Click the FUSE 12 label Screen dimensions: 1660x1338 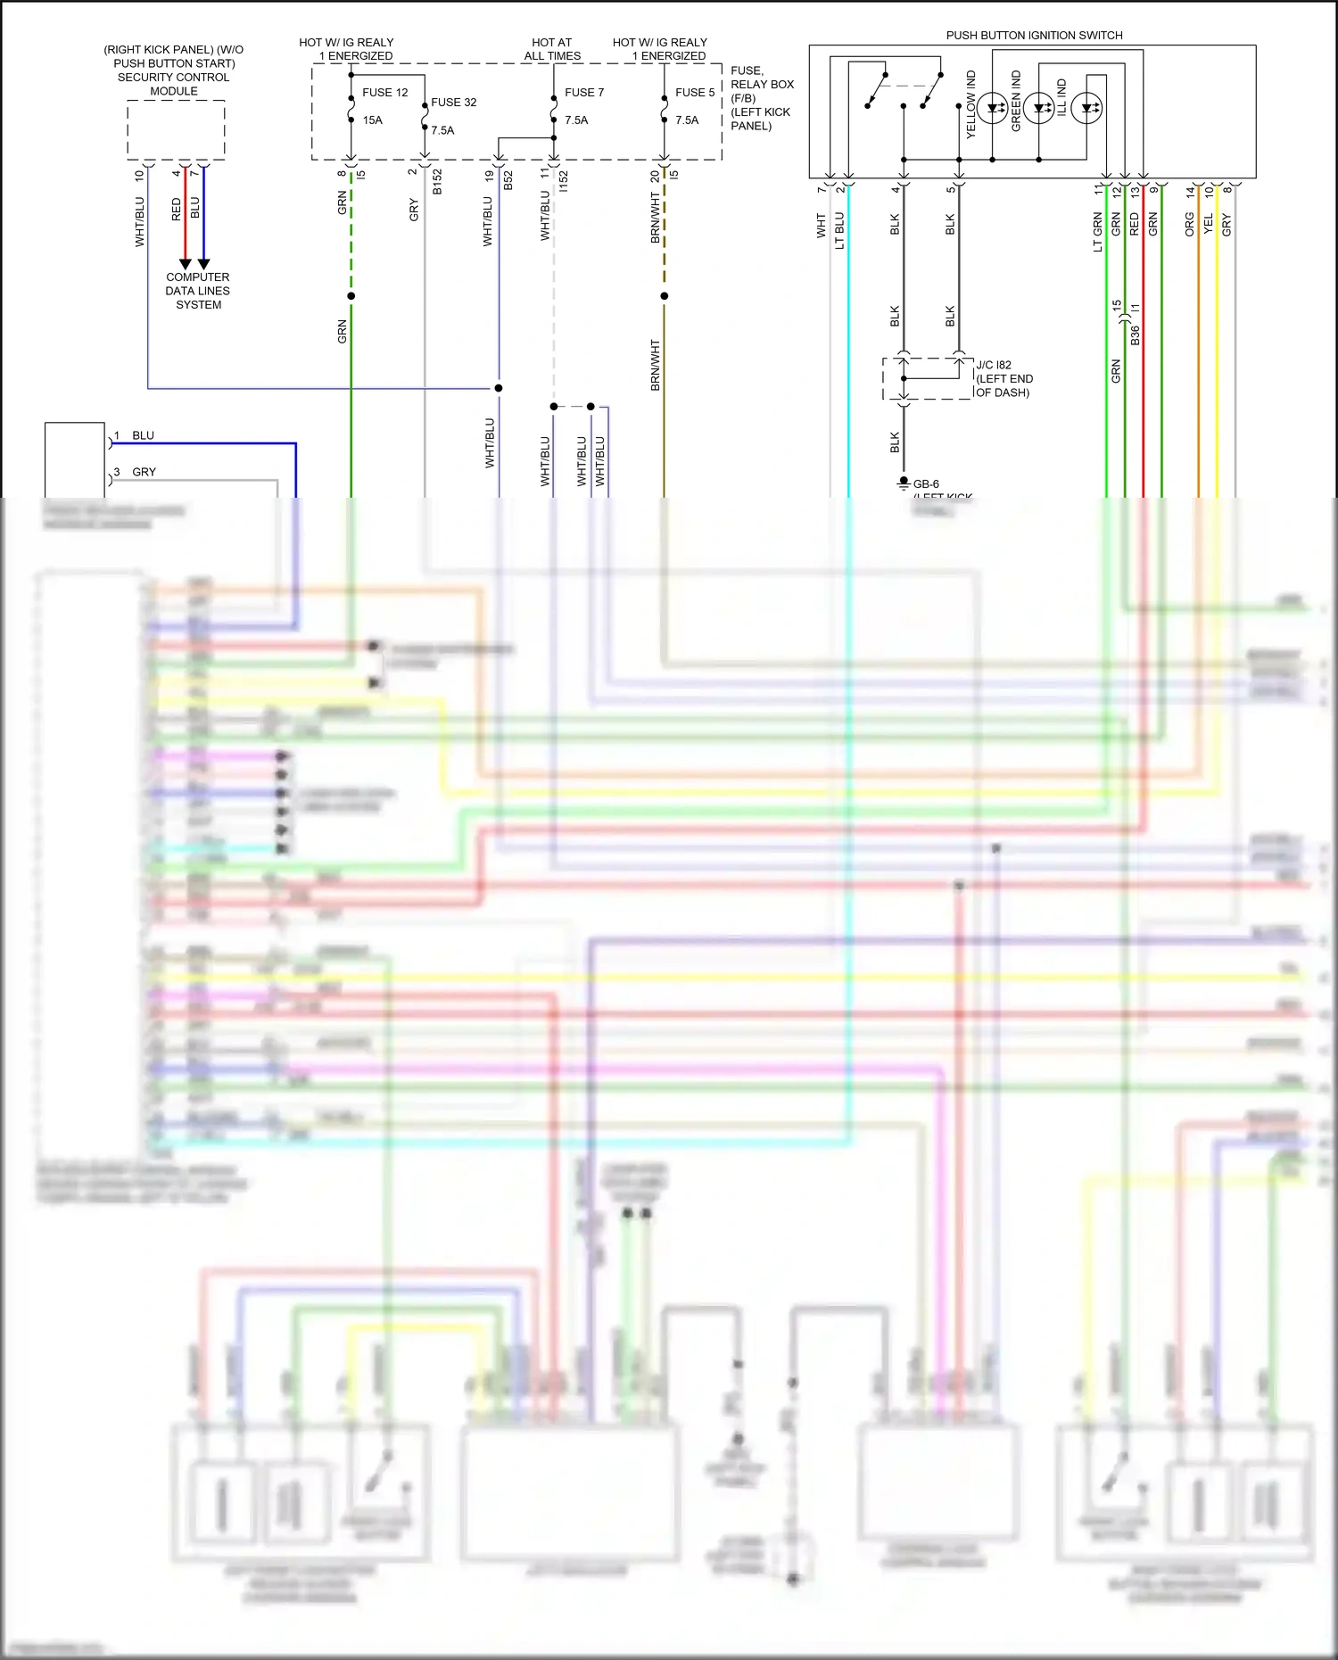384,93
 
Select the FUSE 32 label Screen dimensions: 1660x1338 453,103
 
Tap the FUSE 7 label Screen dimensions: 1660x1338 583,93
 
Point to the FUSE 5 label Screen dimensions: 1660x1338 694,93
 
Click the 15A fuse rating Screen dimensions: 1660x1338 372,120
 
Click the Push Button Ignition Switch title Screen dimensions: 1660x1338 1034,36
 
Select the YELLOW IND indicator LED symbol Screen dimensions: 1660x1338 992,108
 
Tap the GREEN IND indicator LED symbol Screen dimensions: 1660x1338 1038,108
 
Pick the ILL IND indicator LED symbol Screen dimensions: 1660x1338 1086,108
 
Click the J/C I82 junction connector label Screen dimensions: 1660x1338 994,365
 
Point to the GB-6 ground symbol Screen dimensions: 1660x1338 903,483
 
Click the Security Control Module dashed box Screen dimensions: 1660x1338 176,129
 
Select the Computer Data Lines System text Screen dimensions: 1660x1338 197,291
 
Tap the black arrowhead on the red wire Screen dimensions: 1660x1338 185,264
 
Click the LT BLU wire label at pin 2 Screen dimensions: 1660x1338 839,230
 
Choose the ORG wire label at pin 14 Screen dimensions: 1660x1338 1189,225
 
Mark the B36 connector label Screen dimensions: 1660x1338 1135,335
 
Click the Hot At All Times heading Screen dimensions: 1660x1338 552,49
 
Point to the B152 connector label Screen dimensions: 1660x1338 437,182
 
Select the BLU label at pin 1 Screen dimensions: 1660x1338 143,435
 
